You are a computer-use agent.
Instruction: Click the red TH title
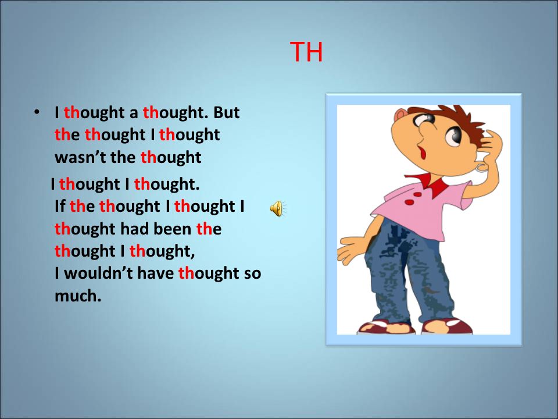click(x=306, y=52)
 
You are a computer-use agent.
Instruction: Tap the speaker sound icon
click(x=278, y=208)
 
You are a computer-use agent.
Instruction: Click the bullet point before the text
click(x=36, y=112)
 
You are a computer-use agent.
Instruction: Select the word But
click(x=226, y=112)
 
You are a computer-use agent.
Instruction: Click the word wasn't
click(x=80, y=157)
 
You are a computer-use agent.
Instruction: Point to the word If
click(x=60, y=206)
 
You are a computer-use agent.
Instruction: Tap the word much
click(x=78, y=296)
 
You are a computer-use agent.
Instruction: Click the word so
click(x=252, y=274)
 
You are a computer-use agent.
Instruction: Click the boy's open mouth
click(x=422, y=153)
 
